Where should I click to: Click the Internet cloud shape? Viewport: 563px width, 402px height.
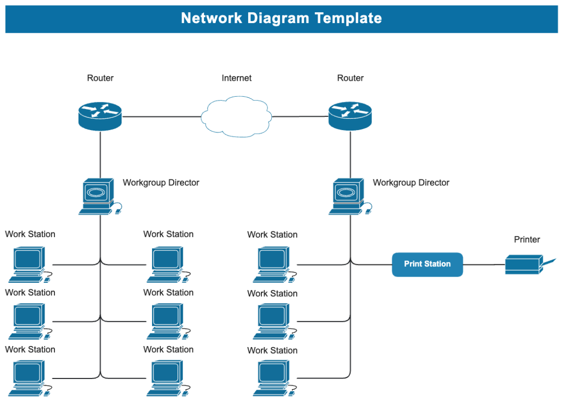(236, 116)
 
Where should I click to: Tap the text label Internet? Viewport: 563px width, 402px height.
(236, 78)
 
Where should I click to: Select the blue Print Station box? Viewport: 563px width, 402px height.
(427, 264)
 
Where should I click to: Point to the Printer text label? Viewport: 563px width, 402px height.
(527, 240)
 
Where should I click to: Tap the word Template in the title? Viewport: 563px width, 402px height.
(348, 18)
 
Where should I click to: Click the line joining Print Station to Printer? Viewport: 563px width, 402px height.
(484, 265)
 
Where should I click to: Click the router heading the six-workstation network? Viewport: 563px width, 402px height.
(100, 116)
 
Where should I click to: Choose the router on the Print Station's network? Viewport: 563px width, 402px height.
(350, 116)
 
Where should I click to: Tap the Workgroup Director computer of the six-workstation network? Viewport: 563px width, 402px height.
(98, 196)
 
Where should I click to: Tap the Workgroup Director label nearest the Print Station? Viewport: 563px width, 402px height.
(411, 183)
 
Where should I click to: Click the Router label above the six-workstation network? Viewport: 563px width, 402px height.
(100, 78)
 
